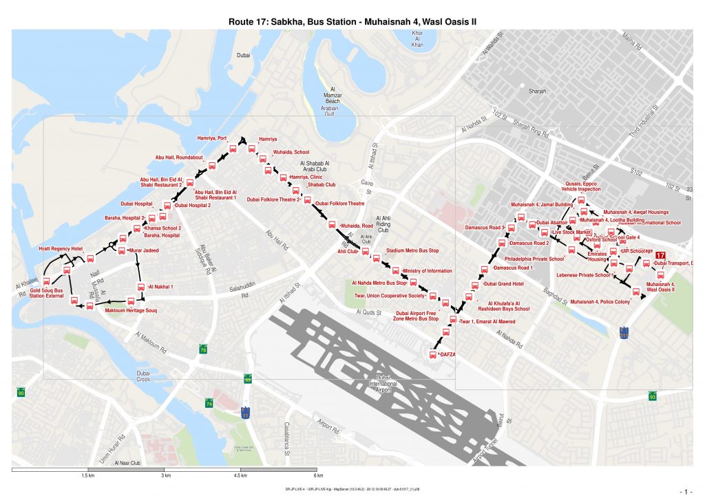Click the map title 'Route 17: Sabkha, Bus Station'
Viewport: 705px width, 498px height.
click(352, 22)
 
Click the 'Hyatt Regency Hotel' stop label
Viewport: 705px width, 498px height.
click(61, 248)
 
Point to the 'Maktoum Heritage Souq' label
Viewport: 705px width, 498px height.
click(131, 312)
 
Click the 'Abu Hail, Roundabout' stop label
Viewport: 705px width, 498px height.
click(179, 158)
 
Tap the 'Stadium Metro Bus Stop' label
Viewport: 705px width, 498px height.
click(412, 251)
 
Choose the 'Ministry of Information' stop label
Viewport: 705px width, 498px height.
click(428, 271)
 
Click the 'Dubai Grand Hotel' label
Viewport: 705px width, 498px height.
click(505, 283)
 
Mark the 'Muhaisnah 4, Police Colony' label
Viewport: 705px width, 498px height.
click(600, 302)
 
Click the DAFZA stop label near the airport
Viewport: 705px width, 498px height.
click(447, 354)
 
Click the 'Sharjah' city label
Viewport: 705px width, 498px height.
click(537, 91)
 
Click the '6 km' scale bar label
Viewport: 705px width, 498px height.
click(318, 475)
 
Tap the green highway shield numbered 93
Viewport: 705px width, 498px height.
click(653, 396)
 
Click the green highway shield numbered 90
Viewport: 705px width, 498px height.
click(21, 393)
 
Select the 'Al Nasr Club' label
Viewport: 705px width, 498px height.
click(127, 464)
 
